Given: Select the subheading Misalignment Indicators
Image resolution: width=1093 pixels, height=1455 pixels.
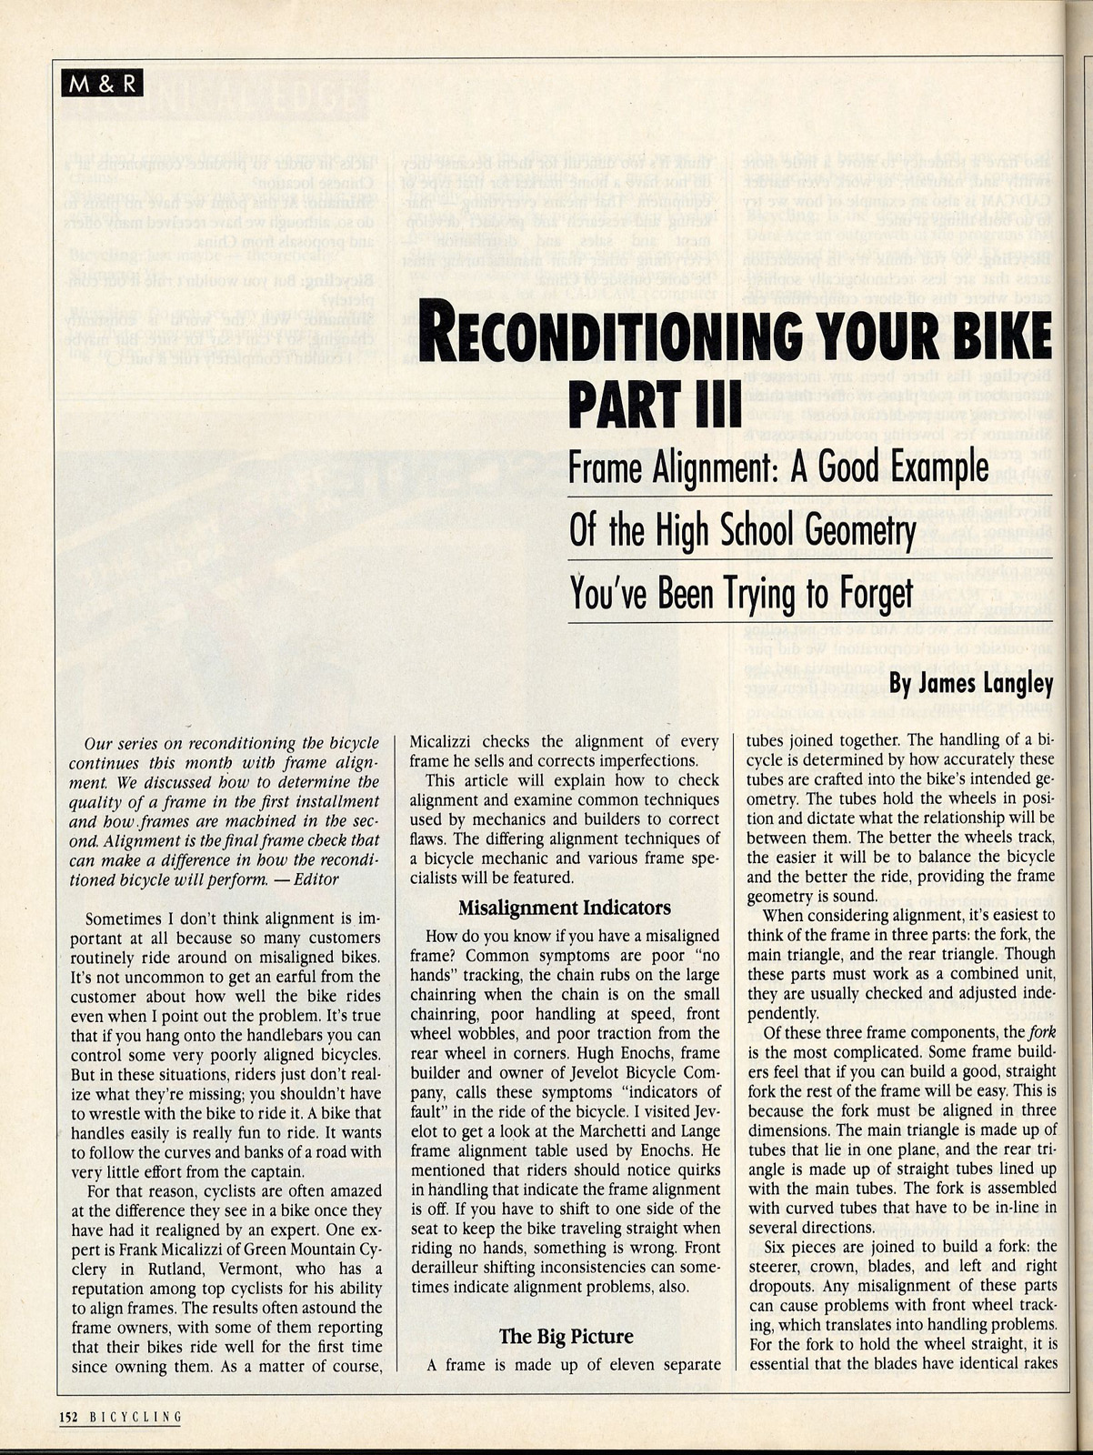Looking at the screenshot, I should click(x=564, y=908).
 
